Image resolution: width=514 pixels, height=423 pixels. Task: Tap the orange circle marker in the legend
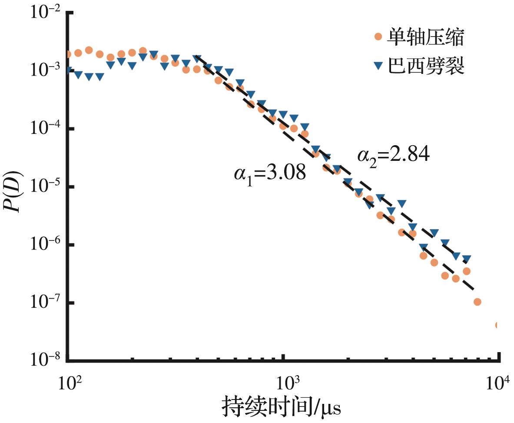tap(378, 38)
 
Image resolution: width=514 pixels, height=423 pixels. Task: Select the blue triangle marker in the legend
tap(378, 66)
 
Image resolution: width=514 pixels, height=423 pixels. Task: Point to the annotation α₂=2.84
tap(394, 154)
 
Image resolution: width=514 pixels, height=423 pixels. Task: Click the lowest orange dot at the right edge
tap(498, 325)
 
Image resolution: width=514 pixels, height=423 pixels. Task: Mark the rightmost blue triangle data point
tap(467, 259)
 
